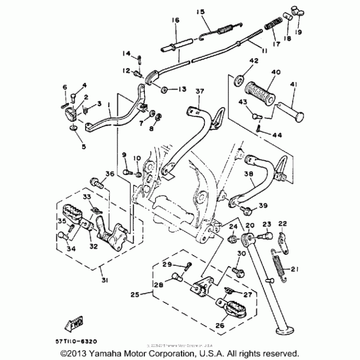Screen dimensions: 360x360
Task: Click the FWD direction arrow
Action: tap(75, 323)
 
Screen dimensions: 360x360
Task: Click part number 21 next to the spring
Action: tap(295, 270)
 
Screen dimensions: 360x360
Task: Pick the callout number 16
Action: tap(175, 20)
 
